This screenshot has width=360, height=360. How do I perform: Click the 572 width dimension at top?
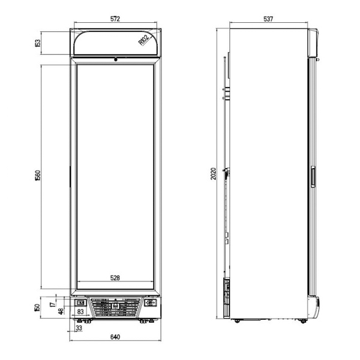115,19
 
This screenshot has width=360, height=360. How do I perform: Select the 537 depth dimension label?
268,19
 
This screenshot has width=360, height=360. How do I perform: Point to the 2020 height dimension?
214,173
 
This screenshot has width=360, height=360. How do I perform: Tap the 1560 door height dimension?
38,175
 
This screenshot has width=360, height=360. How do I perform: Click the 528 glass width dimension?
115,278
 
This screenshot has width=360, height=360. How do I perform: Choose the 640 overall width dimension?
115,337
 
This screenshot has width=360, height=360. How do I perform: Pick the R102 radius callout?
145,40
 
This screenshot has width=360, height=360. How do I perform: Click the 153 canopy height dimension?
38,43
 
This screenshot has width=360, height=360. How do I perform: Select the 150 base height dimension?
37,308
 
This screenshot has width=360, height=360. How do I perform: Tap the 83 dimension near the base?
80,311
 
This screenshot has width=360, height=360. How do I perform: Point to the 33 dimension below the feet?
79,328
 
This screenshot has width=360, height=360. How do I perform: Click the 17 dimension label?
53,304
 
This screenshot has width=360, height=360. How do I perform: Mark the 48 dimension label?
61,311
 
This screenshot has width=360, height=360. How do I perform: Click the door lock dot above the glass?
115,59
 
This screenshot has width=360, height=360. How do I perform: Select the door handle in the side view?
313,177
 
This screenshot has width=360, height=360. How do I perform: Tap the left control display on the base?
80,303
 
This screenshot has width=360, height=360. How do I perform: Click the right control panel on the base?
151,303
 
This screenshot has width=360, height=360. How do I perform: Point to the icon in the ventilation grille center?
115,306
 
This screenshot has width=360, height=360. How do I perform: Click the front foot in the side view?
303,321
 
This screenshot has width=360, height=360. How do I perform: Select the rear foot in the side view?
237,321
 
